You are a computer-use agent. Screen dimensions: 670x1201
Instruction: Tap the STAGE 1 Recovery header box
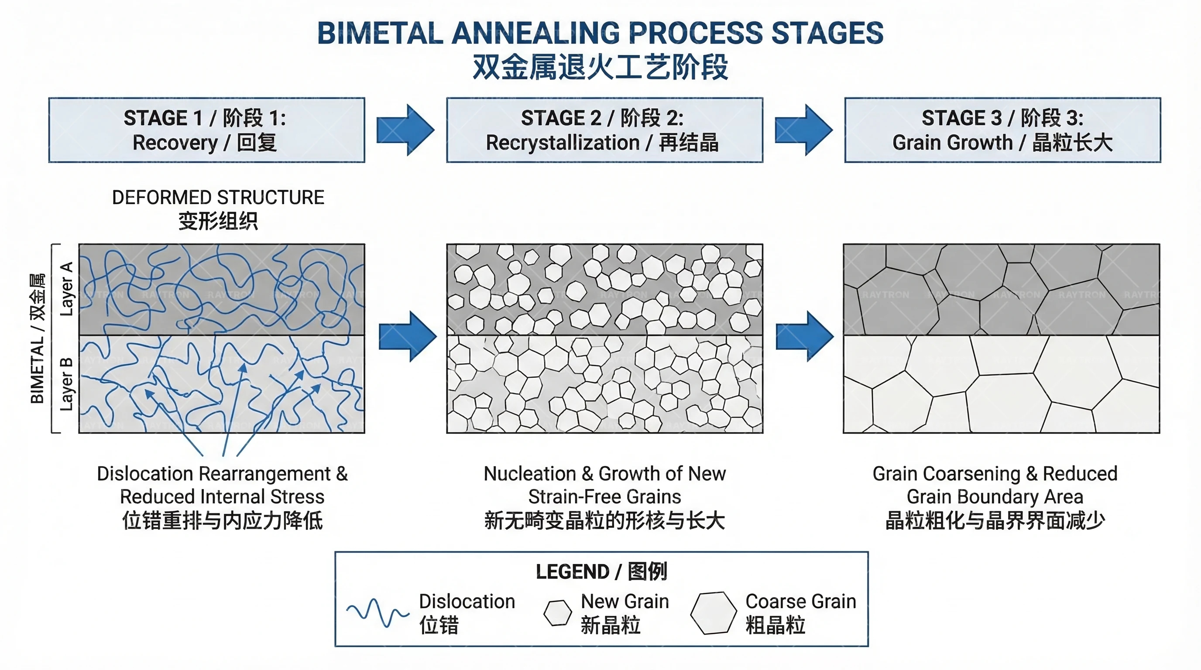(206, 130)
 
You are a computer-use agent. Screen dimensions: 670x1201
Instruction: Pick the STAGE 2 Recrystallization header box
(604, 130)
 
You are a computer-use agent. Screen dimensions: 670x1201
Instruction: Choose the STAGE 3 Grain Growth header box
(1002, 130)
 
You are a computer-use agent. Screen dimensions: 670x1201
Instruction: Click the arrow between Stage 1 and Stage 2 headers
(405, 130)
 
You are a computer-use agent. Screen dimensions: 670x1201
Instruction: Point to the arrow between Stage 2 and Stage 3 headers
(803, 130)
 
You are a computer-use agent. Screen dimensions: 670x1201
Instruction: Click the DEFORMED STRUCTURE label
(218, 198)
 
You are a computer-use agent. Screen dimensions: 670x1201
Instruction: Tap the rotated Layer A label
(67, 289)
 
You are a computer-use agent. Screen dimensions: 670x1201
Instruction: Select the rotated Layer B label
(67, 384)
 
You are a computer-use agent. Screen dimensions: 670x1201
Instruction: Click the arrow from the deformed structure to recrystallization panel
(407, 336)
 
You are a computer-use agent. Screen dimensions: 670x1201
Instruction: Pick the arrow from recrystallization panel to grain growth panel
(804, 336)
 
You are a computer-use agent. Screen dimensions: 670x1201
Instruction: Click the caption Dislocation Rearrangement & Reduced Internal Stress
(222, 485)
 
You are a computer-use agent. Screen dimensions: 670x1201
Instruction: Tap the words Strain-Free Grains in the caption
(604, 497)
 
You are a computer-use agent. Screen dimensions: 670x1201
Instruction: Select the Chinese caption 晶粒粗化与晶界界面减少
(995, 521)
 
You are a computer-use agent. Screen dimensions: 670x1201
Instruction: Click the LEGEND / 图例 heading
(601, 572)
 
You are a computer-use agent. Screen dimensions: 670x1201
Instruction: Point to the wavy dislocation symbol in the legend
(377, 612)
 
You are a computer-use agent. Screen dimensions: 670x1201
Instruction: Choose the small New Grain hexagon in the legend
(558, 613)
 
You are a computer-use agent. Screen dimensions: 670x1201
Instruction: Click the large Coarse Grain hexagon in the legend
(714, 613)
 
